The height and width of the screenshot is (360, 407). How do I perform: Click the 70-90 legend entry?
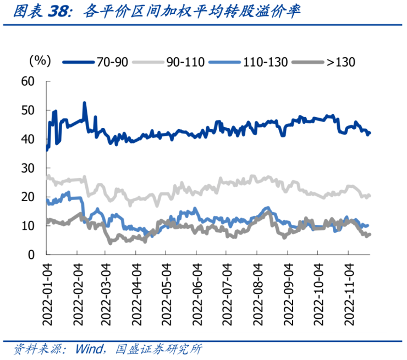pyautogui.click(x=96, y=62)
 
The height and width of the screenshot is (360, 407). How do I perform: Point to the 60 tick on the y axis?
pyautogui.click(x=28, y=81)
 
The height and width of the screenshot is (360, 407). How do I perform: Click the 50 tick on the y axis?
pyautogui.click(x=28, y=110)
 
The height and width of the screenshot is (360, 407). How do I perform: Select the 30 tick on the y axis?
pyautogui.click(x=28, y=168)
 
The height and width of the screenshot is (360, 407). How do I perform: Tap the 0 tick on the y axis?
pyautogui.click(x=31, y=254)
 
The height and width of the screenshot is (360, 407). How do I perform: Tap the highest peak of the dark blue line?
pyautogui.click(x=84, y=102)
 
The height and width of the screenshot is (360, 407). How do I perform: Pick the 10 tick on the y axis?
pyautogui.click(x=28, y=225)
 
